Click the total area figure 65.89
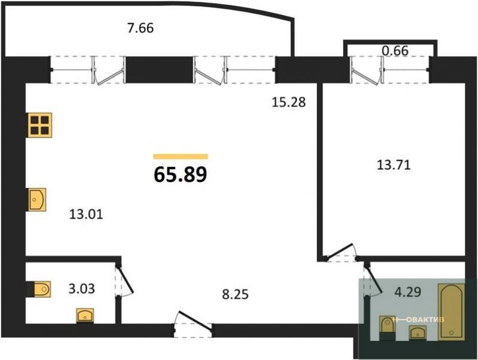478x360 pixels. coord(180,175)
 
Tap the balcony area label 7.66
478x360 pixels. coord(140,28)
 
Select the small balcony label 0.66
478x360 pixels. coord(395,51)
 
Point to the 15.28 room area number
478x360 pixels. coord(289,102)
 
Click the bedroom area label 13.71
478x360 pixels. coord(394,165)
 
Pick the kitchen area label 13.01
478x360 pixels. coord(86,214)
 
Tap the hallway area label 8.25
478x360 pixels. coord(235,295)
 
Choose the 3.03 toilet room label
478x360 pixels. coord(82,288)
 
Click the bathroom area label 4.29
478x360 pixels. coord(408,292)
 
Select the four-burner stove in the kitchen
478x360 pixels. coord(39,125)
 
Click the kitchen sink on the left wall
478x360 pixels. coord(37,200)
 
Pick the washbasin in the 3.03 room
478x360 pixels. coord(85,316)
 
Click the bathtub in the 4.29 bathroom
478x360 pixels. coord(452,312)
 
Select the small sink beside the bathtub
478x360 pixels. coord(418,332)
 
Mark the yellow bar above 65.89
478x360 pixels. coord(180,157)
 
